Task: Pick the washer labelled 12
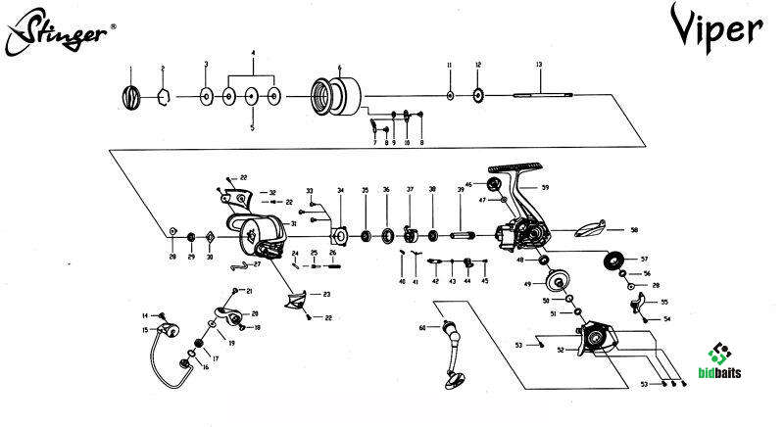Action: (x=478, y=95)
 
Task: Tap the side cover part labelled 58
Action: (x=589, y=230)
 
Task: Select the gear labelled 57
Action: (x=615, y=262)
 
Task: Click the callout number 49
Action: (x=526, y=285)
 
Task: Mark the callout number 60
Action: (x=422, y=327)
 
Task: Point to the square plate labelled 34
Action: (x=341, y=235)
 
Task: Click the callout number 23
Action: (x=325, y=295)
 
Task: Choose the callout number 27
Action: (x=257, y=264)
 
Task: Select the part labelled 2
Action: (x=164, y=96)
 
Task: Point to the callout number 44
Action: (x=467, y=281)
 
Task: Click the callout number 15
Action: (x=145, y=331)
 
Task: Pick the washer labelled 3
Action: (x=206, y=96)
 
